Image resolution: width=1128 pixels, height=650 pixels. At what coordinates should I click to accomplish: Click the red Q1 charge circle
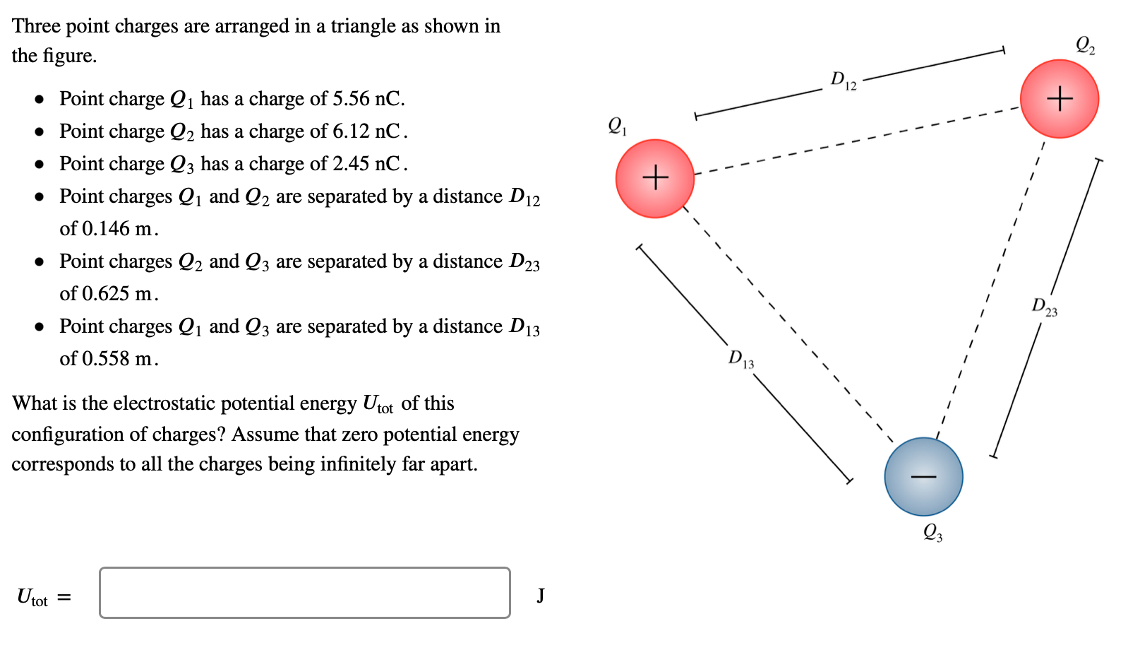pyautogui.click(x=654, y=178)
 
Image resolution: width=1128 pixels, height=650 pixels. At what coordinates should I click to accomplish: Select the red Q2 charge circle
pyautogui.click(x=1060, y=99)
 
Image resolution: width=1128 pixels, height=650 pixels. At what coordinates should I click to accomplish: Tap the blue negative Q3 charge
pyautogui.click(x=923, y=477)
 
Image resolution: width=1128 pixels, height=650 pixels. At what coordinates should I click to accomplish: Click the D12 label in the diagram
pyautogui.click(x=843, y=81)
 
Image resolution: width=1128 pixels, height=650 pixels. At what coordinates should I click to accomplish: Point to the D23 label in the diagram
pyautogui.click(x=1045, y=307)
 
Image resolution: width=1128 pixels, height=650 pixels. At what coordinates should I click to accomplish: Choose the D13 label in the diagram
pyautogui.click(x=741, y=359)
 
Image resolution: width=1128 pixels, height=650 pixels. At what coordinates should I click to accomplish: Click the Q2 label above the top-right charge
pyautogui.click(x=1085, y=46)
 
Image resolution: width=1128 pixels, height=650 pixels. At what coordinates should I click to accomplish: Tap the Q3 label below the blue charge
pyautogui.click(x=932, y=532)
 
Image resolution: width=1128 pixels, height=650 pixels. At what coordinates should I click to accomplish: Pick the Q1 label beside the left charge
pyautogui.click(x=618, y=126)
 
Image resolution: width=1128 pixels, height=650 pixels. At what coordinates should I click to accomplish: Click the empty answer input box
pyautogui.click(x=305, y=593)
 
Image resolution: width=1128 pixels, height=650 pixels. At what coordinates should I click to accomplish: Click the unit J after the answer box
pyautogui.click(x=540, y=596)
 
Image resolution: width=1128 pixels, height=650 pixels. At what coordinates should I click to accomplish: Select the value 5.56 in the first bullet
pyautogui.click(x=352, y=99)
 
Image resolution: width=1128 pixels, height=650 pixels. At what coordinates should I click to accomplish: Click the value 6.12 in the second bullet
pyautogui.click(x=352, y=131)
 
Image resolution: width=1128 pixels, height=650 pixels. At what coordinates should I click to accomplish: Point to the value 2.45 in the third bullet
pyautogui.click(x=352, y=164)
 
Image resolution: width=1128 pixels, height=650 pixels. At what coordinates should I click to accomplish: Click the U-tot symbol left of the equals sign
pyautogui.click(x=32, y=597)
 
